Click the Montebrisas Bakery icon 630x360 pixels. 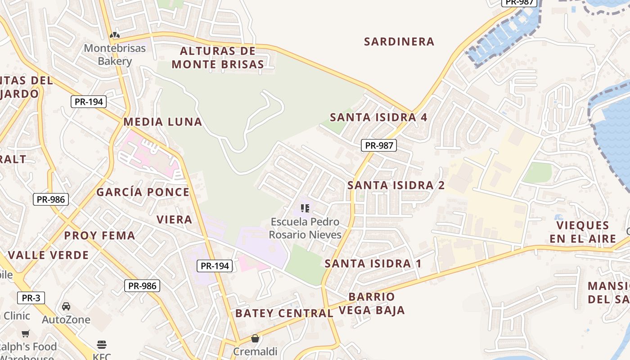pos(115,35)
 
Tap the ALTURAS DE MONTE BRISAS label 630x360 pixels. pos(218,58)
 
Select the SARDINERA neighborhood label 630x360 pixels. pos(399,42)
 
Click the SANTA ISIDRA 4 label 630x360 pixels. pos(378,117)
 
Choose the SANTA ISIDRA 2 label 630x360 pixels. pos(396,185)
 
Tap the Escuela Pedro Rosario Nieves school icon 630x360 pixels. pos(305,208)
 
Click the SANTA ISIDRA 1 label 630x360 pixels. pos(373,264)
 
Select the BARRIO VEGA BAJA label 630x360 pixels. pos(372,303)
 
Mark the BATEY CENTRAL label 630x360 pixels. pos(284,313)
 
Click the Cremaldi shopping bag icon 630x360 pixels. pos(255,338)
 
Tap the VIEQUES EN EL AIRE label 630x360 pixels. pos(582,232)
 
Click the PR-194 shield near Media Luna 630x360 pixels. pos(89,102)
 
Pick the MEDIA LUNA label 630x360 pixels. pos(162,122)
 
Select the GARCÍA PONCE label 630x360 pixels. pos(143,193)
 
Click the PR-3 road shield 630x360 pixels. pos(31,297)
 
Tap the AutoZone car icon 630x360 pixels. pos(66,306)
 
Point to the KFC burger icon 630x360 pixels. pos(102,345)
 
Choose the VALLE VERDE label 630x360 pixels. pos(48,255)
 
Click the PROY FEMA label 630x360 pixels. pos(99,236)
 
